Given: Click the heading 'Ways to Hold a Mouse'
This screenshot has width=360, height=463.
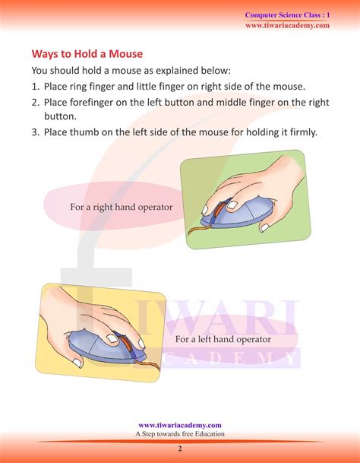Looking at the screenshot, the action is [x=87, y=54].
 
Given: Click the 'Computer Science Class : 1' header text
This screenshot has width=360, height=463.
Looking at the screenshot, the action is [x=287, y=15].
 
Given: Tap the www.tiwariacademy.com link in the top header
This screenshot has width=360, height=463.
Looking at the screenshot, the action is [x=287, y=25].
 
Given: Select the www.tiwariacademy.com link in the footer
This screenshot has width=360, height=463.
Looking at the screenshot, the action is [x=180, y=425].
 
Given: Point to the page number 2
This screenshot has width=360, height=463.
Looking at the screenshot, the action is [x=180, y=449].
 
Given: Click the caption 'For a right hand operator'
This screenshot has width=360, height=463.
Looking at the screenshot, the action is [x=122, y=207].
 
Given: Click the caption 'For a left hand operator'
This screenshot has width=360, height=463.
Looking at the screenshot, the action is [x=223, y=339].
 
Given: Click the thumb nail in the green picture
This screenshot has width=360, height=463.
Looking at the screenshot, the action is [x=265, y=227].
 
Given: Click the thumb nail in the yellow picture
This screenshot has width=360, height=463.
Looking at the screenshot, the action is [x=77, y=363].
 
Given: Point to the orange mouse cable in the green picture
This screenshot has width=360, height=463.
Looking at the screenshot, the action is [x=200, y=229].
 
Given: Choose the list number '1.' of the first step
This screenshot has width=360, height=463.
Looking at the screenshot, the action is [x=36, y=87].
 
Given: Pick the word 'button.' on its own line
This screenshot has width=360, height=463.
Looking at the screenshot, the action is [x=60, y=116].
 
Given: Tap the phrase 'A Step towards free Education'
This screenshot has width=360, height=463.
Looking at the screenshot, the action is [x=180, y=434].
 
